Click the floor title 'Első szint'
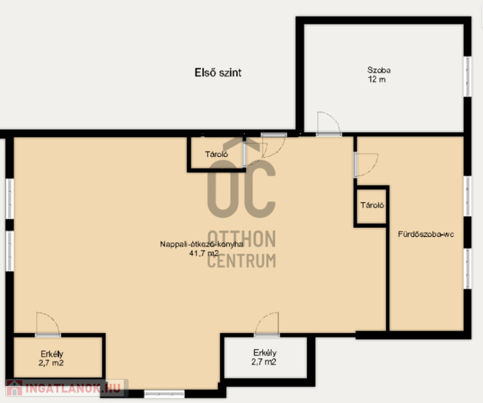click(218, 73)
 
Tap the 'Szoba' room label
click(379, 70)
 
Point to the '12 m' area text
click(377, 80)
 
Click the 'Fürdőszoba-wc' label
click(426, 234)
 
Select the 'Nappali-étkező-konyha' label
click(202, 244)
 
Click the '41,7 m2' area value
click(204, 253)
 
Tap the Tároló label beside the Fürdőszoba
click(372, 205)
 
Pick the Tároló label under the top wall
click(217, 154)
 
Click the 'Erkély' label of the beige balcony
click(52, 354)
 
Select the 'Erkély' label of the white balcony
click(265, 353)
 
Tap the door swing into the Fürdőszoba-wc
click(373, 168)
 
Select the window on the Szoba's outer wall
click(467, 77)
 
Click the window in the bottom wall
click(164, 393)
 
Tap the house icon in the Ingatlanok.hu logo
click(14, 388)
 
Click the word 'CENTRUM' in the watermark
click(241, 261)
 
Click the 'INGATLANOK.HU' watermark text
click(73, 388)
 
